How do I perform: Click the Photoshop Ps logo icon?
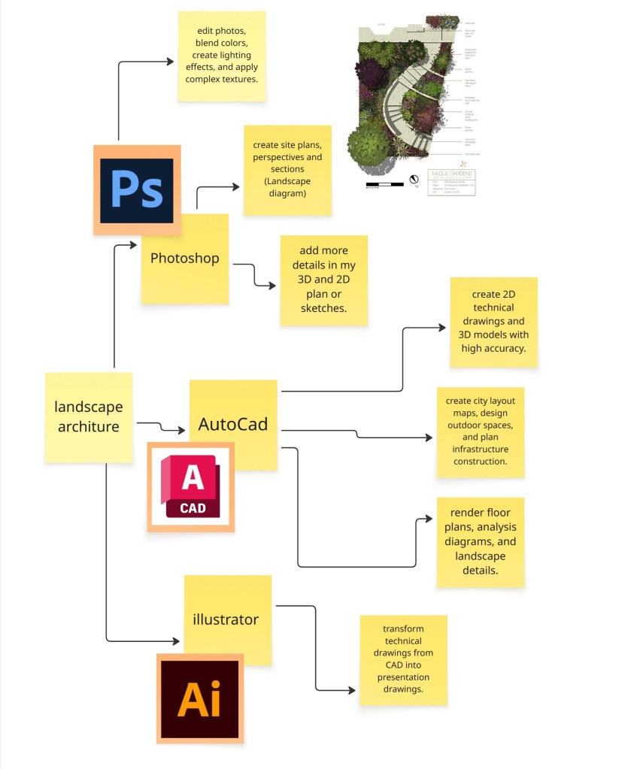point(136,190)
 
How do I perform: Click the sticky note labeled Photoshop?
point(185,259)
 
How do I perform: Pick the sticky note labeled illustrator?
point(226,619)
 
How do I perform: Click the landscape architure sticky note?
point(88,417)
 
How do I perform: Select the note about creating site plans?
point(287,170)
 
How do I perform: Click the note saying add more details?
point(323,280)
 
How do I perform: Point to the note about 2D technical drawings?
point(493,321)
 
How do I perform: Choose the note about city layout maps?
point(481,431)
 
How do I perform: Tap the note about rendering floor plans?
point(480,541)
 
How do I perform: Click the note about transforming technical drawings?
point(403,660)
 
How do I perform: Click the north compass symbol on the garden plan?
point(413,180)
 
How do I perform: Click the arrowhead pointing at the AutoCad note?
point(181,430)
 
